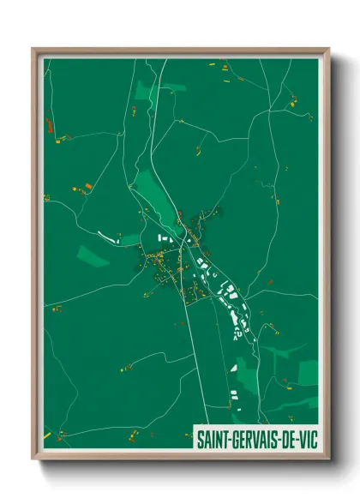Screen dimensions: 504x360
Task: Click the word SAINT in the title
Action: pyautogui.click(x=211, y=440)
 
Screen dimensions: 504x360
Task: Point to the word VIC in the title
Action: pyautogui.click(x=309, y=440)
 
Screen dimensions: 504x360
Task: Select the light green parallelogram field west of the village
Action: pyautogui.click(x=93, y=255)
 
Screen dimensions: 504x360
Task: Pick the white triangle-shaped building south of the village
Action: pyautogui.click(x=233, y=368)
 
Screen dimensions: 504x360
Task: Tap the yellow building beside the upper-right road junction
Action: pyautogui.click(x=293, y=103)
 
